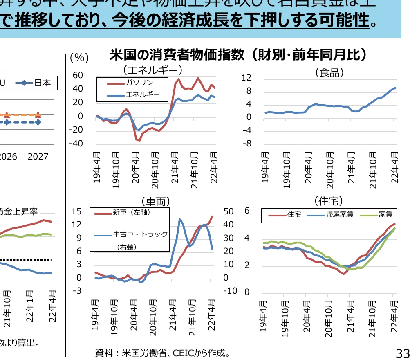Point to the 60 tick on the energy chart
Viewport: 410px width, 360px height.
pos(77,75)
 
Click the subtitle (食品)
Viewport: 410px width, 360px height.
pos(330,73)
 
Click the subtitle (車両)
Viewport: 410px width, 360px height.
pos(155,201)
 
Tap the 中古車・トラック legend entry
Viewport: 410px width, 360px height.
pos(140,234)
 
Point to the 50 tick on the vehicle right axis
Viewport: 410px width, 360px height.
pos(229,211)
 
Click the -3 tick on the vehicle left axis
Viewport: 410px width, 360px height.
pos(77,291)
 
